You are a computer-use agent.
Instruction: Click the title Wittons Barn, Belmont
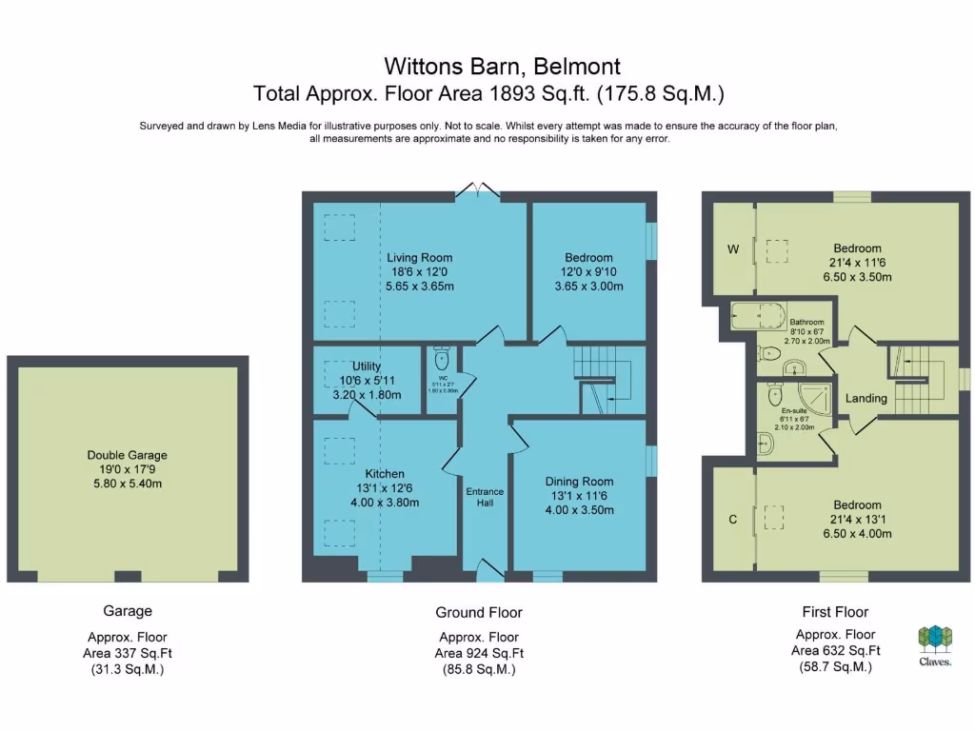pos(502,66)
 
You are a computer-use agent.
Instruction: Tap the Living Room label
pos(419,257)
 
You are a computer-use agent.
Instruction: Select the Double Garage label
pos(127,455)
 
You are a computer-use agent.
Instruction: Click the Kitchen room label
pos(385,473)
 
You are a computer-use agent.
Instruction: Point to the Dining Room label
pos(579,482)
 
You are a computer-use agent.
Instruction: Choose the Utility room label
pos(367,366)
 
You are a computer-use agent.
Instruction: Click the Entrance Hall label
pos(485,497)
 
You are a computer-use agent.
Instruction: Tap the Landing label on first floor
pos(866,398)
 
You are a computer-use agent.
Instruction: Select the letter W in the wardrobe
pos(733,249)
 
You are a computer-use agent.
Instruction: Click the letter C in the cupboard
pos(732,520)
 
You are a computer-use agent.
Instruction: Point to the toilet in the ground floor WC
pos(441,361)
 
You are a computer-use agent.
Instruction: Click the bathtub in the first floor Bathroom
pos(756,315)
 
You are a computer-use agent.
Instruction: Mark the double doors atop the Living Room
pos(479,191)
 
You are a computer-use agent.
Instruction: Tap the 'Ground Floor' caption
pos(479,612)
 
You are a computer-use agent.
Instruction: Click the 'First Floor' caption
pos(835,612)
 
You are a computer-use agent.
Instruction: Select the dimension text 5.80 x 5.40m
pos(127,483)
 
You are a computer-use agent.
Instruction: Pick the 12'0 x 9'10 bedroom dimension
pos(588,271)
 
